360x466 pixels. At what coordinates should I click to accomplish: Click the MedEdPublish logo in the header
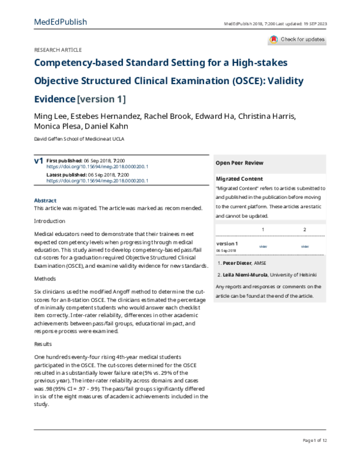61,22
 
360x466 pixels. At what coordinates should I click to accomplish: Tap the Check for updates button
298,40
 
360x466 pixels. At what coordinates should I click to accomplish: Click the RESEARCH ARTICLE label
58,50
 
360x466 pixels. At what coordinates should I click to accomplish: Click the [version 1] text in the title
101,99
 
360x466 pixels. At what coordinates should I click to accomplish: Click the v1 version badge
38,161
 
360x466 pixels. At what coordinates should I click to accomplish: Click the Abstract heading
46,200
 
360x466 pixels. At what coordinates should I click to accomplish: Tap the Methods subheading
46,279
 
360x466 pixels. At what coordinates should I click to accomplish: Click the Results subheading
44,344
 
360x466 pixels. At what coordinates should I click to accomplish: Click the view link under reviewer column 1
263,246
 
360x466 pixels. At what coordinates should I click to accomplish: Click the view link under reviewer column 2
305,246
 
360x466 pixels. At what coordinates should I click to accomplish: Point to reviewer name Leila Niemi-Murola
246,274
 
